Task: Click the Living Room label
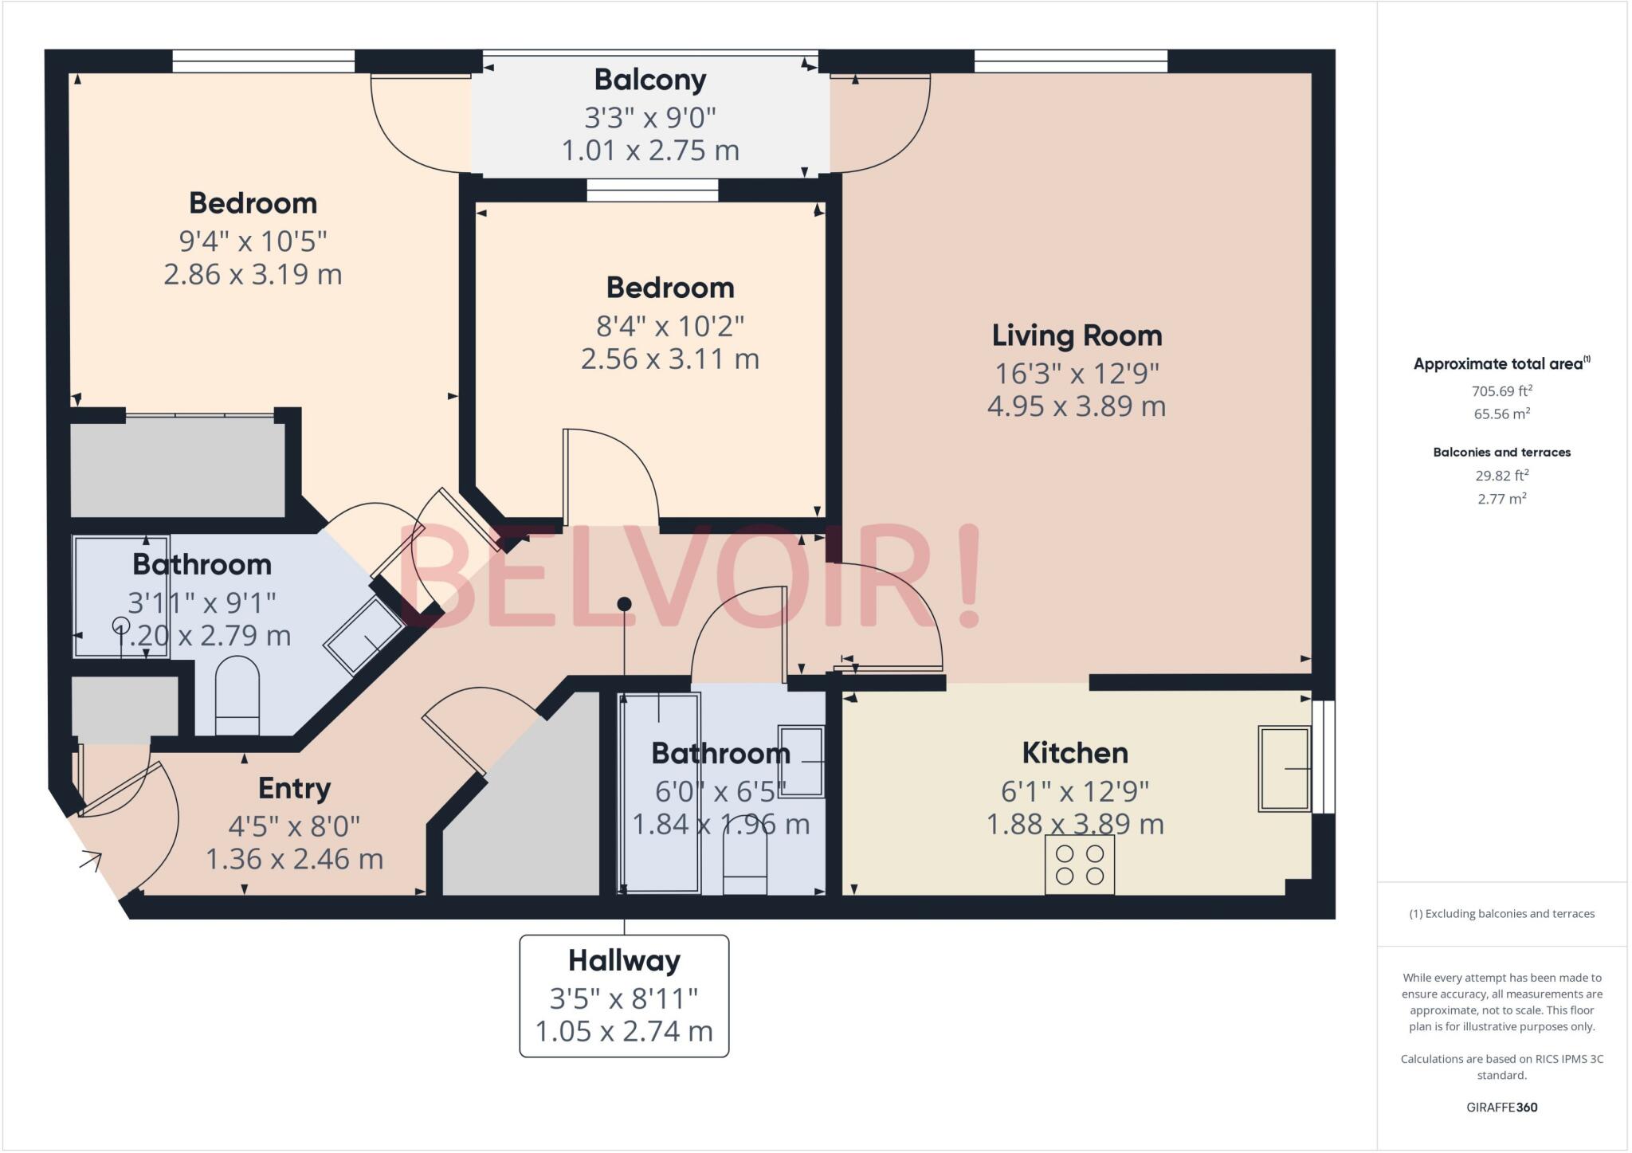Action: [x=1077, y=335]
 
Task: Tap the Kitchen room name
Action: [x=1074, y=753]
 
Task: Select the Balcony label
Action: [x=650, y=80]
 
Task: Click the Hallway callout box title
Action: [x=624, y=961]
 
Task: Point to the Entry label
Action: [x=294, y=788]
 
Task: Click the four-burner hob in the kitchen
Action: [x=1079, y=865]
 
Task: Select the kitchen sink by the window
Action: [x=1284, y=768]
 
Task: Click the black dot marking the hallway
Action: [x=625, y=604]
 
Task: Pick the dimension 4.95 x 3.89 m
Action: [x=1077, y=406]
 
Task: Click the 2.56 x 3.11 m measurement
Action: [x=669, y=359]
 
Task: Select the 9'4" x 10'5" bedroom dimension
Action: [x=253, y=241]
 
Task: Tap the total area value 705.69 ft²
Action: [x=1501, y=390]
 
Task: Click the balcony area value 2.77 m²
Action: [x=1501, y=499]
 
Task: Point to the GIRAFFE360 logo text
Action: [x=1501, y=1107]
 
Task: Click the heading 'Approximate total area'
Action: [x=1498, y=364]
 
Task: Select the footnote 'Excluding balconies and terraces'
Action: [x=1501, y=914]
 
